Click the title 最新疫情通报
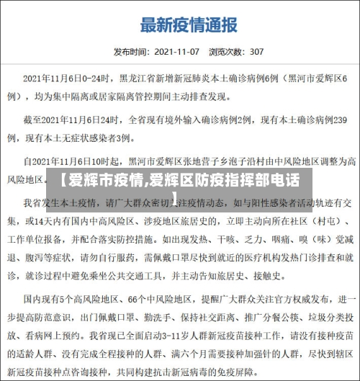(x=188, y=25)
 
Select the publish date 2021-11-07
(x=176, y=52)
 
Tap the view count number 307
(x=256, y=52)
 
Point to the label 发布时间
(x=130, y=52)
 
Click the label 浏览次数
(x=225, y=52)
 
